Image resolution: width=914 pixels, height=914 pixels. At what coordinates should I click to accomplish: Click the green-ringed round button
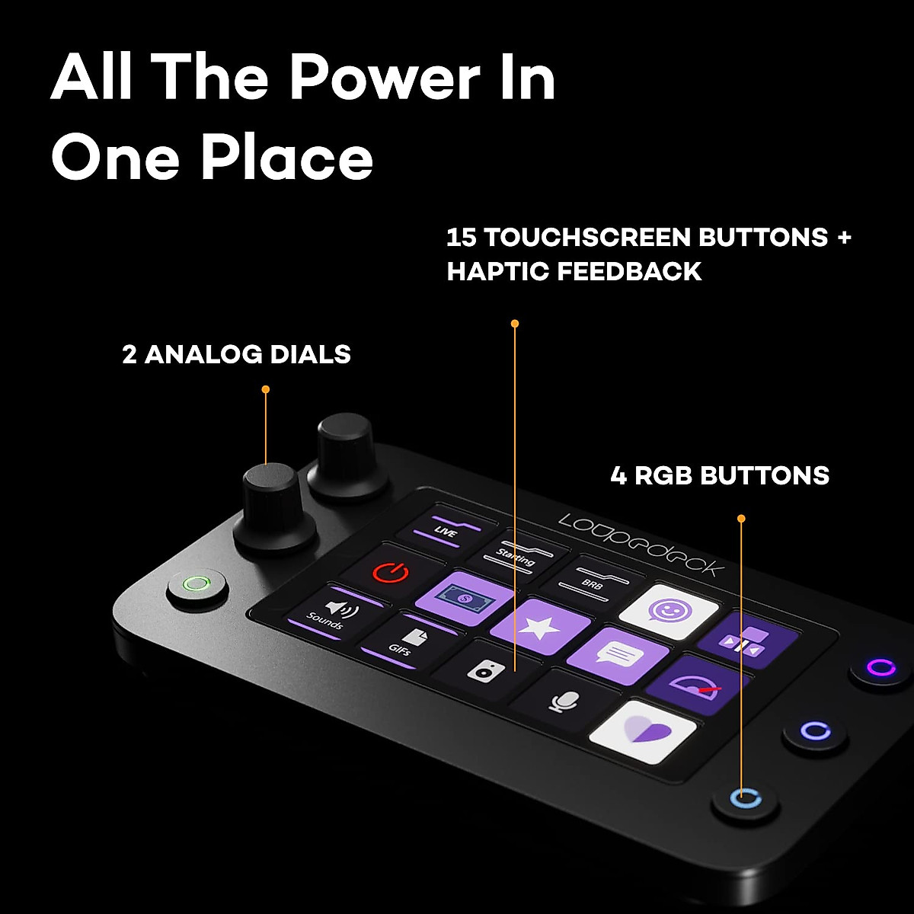pyautogui.click(x=197, y=586)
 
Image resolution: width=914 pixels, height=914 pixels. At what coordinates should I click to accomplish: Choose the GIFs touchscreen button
pyautogui.click(x=409, y=641)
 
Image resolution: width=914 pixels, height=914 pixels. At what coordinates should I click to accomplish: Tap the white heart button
pyautogui.click(x=644, y=732)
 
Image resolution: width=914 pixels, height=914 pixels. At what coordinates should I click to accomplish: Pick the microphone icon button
pyautogui.click(x=562, y=700)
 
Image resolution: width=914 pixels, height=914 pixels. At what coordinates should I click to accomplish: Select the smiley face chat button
pyautogui.click(x=669, y=612)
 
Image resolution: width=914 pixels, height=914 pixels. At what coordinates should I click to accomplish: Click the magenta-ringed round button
pyautogui.click(x=880, y=668)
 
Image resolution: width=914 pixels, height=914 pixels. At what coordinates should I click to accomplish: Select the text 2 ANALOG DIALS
pyautogui.click(x=236, y=355)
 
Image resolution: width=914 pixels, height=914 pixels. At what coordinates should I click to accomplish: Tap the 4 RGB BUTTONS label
pyautogui.click(x=720, y=476)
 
